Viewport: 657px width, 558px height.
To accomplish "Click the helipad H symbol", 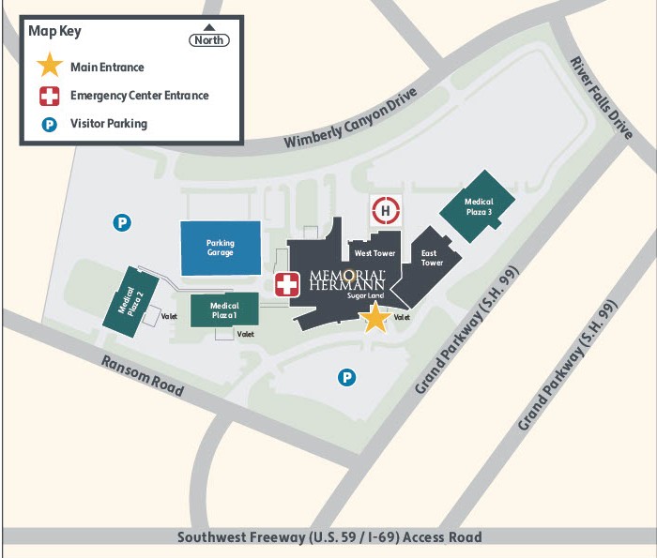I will point(386,212).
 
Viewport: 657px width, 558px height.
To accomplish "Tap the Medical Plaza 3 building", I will point(479,207).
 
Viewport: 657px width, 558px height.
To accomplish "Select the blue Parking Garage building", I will point(221,249).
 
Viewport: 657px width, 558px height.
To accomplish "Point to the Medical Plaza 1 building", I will point(224,310).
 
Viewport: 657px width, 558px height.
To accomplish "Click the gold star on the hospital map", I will point(375,318).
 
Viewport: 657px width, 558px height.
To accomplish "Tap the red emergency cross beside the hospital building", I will point(286,284).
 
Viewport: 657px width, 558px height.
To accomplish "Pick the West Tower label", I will point(374,254).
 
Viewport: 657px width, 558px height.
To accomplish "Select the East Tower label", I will point(431,258).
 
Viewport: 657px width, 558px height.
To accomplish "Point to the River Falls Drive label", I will point(602,98).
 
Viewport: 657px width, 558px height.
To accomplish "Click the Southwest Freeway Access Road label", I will point(329,537).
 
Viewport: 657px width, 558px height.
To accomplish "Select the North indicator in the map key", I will point(209,38).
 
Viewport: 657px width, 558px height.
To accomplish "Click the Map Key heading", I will point(55,31).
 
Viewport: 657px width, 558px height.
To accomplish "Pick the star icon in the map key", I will point(49,68).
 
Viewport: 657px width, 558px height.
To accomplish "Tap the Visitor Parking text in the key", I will point(109,123).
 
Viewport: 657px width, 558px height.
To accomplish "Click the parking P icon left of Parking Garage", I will point(122,222).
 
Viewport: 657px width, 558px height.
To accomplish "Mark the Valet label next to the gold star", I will point(403,318).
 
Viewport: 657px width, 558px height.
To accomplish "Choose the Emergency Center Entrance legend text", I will point(139,96).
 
